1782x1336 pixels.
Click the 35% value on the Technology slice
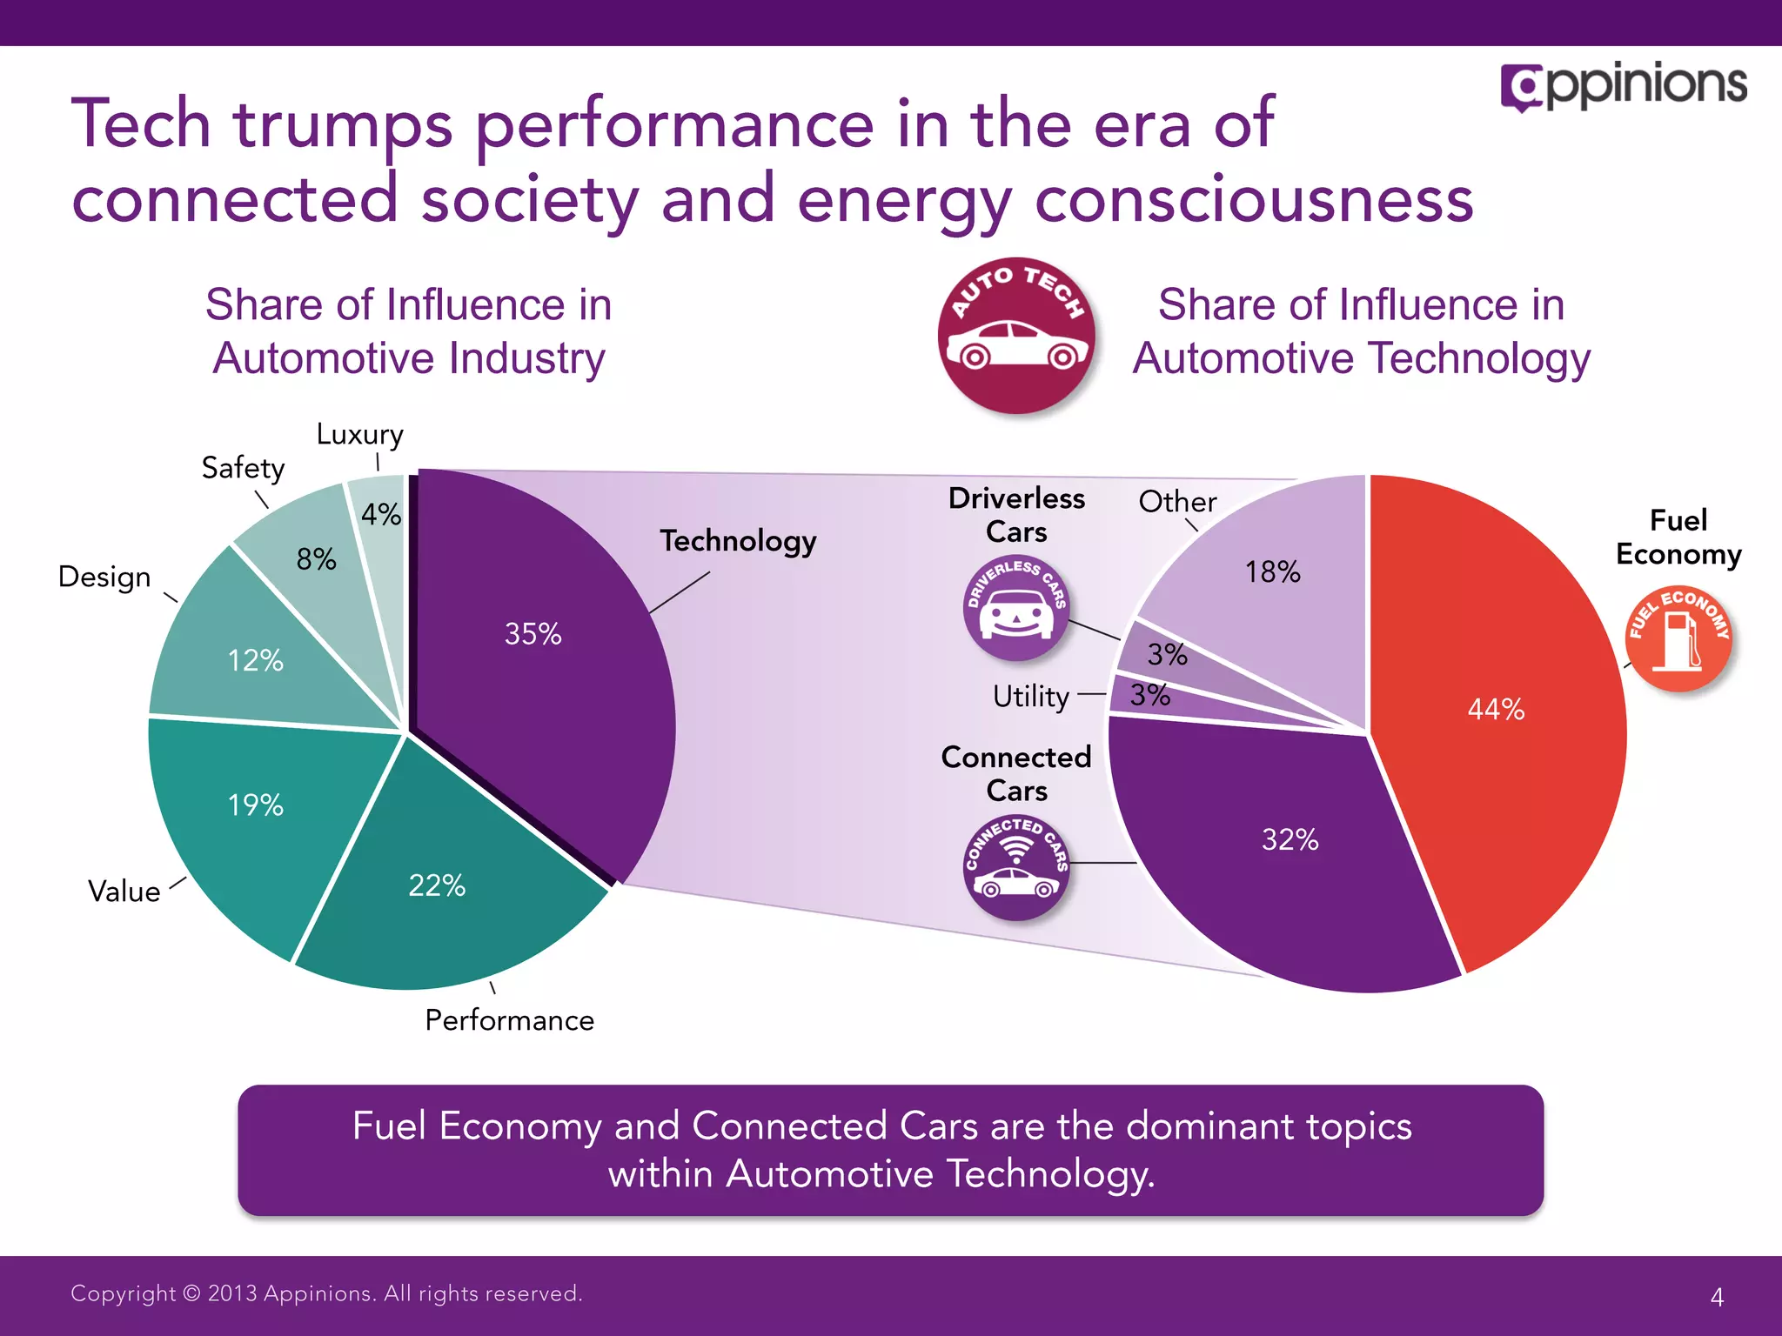point(533,634)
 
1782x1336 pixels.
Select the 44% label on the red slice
point(1496,710)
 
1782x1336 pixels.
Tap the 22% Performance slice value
point(437,885)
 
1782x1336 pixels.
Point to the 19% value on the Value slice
point(255,805)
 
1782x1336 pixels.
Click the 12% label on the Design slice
point(255,661)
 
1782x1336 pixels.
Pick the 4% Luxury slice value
point(381,514)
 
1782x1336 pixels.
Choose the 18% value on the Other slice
point(1272,572)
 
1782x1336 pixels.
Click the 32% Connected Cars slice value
point(1290,840)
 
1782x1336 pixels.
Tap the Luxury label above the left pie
point(359,434)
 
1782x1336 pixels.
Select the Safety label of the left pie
point(243,468)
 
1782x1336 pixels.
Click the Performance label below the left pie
point(509,1020)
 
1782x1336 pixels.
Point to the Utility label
point(1031,697)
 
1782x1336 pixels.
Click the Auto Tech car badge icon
point(1017,336)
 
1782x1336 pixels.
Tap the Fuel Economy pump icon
point(1678,640)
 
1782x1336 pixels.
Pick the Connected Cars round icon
point(1016,867)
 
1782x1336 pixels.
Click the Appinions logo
point(1624,86)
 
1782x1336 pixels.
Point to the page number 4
point(1717,1297)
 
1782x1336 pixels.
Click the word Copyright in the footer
point(123,1293)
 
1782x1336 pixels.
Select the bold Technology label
point(738,541)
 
